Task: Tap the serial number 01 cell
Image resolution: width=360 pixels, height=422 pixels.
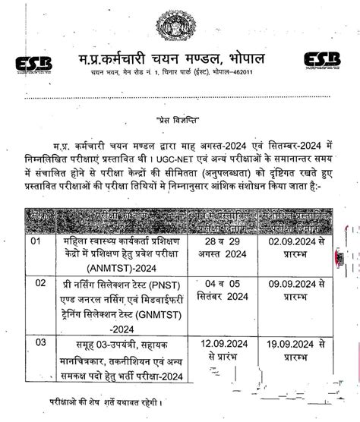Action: coord(35,241)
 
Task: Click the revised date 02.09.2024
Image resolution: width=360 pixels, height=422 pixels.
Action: coord(289,241)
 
